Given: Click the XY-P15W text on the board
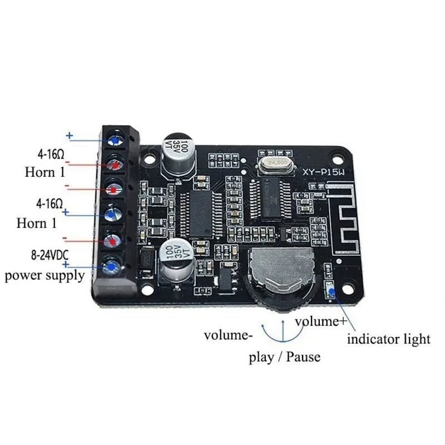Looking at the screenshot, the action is point(323,172).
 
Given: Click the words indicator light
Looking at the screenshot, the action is point(389,338).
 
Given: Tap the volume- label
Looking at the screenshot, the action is point(228,335).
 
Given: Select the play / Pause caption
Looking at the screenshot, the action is point(284,357).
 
